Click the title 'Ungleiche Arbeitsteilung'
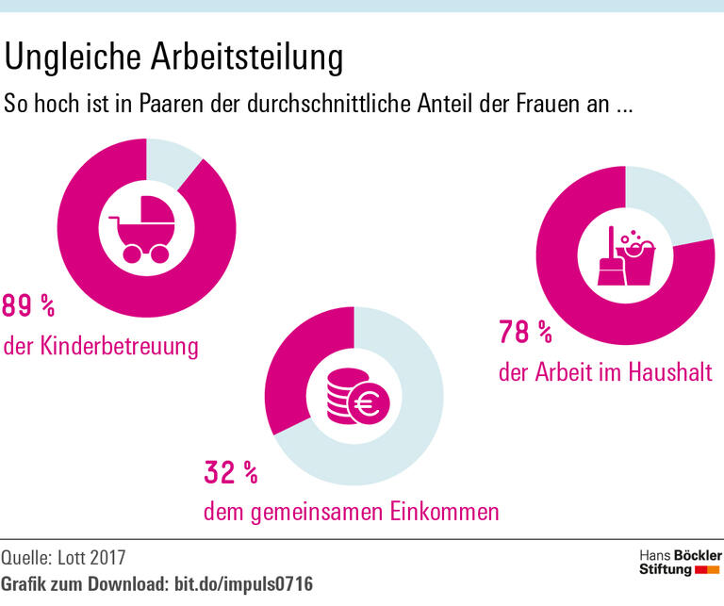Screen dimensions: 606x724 [173, 57]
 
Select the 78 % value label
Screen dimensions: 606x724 [525, 332]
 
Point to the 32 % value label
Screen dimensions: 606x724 [231, 472]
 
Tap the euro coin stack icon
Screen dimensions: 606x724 [354, 397]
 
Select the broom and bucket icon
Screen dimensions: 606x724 [624, 254]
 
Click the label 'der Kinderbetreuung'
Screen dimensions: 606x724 [102, 347]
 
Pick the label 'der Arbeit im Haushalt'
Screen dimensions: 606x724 [605, 371]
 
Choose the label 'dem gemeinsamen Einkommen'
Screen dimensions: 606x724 [352, 513]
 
